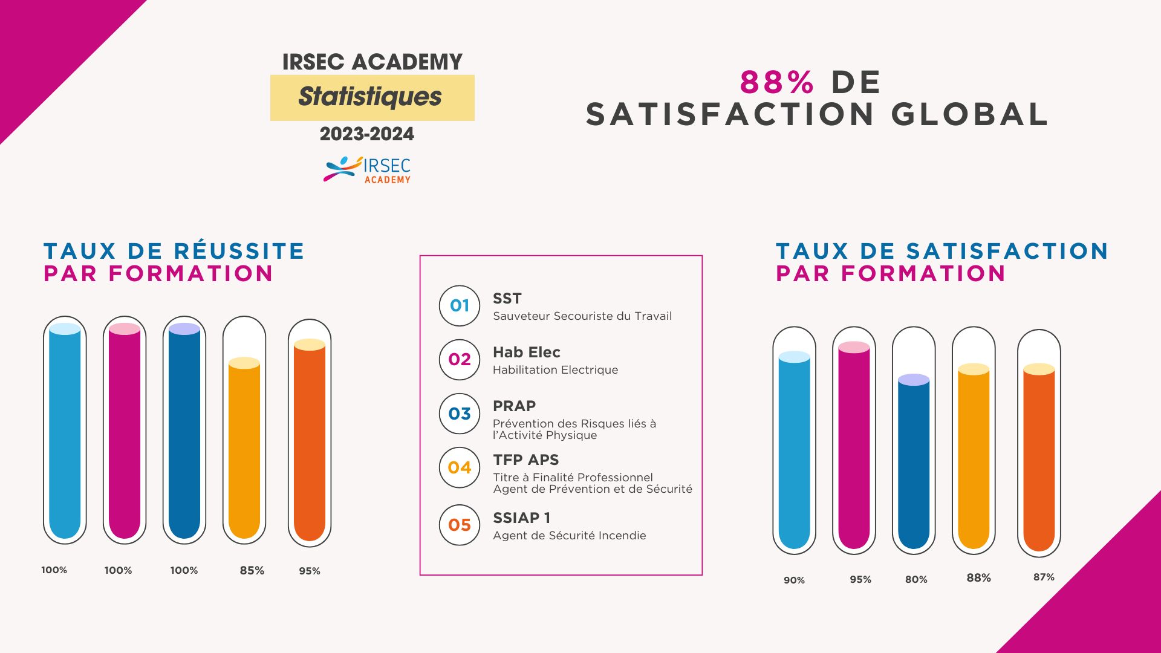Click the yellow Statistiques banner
click(372, 97)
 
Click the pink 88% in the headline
click(777, 82)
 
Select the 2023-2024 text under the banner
click(366, 134)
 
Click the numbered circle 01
click(460, 306)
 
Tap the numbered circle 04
click(460, 467)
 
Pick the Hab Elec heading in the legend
click(526, 352)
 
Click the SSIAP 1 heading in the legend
click(521, 518)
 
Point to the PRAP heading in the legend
click(514, 406)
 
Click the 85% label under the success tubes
click(252, 570)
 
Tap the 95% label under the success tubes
click(309, 571)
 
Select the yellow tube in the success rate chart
click(244, 447)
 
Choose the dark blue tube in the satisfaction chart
click(914, 463)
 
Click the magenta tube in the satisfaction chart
click(854, 447)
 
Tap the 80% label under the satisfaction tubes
click(916, 579)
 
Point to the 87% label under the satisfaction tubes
click(1044, 577)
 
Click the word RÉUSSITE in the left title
click(239, 251)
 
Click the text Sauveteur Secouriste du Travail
click(582, 316)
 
